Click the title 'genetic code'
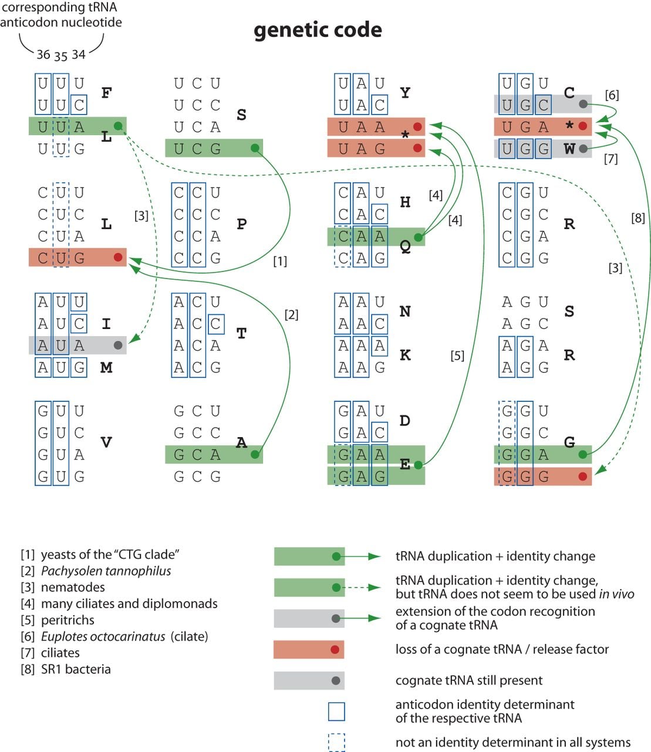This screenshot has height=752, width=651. [x=318, y=30]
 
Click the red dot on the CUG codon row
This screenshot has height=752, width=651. [x=118, y=257]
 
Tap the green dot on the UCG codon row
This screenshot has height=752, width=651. [x=255, y=148]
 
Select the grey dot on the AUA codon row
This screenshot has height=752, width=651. [x=118, y=345]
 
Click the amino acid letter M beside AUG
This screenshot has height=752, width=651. [x=106, y=367]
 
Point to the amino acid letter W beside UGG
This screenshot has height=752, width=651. [x=569, y=149]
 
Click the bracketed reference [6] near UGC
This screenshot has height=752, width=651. [x=612, y=95]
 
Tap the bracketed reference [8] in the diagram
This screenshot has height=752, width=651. [x=638, y=218]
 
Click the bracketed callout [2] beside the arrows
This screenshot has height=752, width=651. [x=291, y=314]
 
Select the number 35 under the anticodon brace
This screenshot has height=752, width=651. [x=60, y=56]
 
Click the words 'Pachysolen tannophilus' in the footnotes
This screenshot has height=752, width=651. [x=106, y=571]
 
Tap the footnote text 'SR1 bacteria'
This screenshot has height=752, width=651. [x=76, y=669]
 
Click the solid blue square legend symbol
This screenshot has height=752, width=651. [x=336, y=711]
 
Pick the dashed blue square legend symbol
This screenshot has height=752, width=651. [x=336, y=742]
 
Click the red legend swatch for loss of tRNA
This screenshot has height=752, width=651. [x=309, y=649]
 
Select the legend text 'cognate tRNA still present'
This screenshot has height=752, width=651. [x=469, y=680]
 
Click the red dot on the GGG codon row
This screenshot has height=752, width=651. [x=583, y=476]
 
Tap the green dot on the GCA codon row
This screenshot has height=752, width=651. [x=255, y=454]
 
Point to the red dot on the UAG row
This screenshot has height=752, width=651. [x=417, y=148]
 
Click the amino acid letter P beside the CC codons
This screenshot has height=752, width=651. [x=242, y=224]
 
